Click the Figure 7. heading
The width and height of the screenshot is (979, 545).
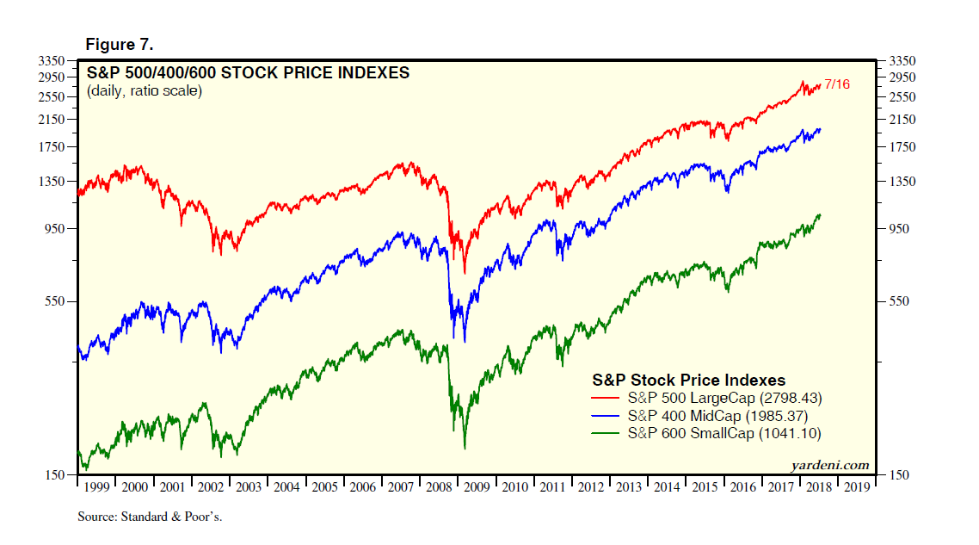(119, 44)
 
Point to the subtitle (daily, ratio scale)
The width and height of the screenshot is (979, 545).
(145, 90)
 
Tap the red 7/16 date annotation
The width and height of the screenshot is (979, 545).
(837, 84)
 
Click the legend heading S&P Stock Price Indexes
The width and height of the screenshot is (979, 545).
(687, 380)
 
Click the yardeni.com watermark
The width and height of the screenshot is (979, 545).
(829, 465)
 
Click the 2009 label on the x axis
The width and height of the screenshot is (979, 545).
(476, 487)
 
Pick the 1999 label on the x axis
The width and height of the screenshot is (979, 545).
(96, 487)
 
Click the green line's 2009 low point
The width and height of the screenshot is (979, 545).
(465, 448)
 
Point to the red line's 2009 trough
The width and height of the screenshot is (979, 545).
(465, 273)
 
